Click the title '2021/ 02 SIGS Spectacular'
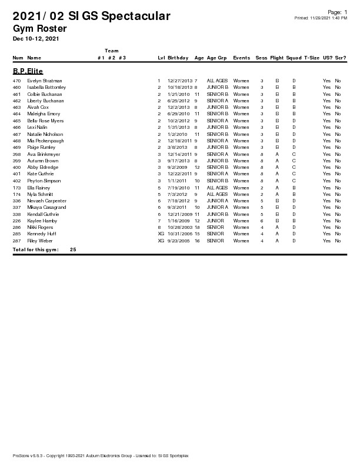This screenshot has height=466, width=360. coord(91,16)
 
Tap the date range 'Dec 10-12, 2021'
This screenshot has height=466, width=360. coord(35,39)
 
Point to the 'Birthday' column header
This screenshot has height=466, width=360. coord(178,58)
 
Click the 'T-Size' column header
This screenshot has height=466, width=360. coord(312,58)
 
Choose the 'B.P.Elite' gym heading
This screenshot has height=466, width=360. coord(28,71)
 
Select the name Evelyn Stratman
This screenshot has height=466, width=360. coord(45,81)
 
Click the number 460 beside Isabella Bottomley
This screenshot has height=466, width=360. coord(17,87)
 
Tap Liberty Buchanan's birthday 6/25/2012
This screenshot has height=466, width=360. coord(179,101)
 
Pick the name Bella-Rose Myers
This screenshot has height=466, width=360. coord(45,121)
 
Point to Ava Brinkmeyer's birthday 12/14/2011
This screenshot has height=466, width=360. coord(180,154)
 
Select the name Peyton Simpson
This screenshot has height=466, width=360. coord(44,181)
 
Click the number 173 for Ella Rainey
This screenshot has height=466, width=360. coord(17,188)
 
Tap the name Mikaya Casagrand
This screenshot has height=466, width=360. coord(46,207)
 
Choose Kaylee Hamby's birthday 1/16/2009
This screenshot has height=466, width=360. coord(179,221)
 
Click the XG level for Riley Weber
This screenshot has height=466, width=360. coord(161,241)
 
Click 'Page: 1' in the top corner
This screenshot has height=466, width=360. coord(337,12)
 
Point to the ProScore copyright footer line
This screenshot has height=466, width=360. coord(100,456)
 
